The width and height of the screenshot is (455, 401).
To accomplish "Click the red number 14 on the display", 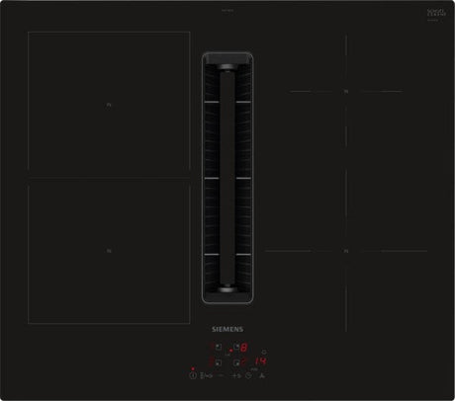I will [x=262, y=361].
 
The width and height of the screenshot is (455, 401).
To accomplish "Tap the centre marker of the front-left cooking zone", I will [x=109, y=253].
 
